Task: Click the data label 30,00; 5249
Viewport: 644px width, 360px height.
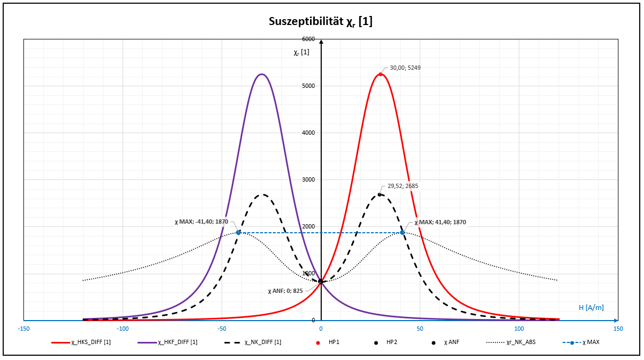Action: pos(405,68)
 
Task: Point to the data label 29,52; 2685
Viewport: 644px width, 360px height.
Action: pos(403,186)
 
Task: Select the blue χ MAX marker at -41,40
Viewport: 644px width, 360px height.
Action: pos(239,232)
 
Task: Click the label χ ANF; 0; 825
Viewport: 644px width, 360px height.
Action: pos(286,291)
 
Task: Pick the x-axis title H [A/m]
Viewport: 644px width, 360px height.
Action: pos(591,307)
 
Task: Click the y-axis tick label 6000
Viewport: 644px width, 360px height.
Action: pos(308,39)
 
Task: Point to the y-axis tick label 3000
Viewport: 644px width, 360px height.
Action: pos(308,179)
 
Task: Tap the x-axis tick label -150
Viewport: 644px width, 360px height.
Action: pos(23,329)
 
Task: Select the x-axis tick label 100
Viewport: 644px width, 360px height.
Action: pos(519,329)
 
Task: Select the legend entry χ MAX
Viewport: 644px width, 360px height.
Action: pos(584,342)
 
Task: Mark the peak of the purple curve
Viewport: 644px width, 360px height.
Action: pos(261,74)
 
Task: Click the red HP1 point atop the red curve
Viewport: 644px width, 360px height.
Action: pos(380,74)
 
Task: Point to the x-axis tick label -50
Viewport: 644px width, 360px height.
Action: pos(222,329)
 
